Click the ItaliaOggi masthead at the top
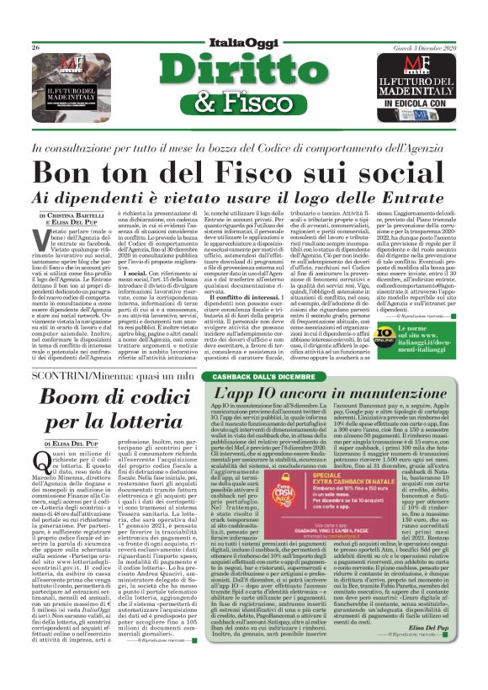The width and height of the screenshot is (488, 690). (243, 42)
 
